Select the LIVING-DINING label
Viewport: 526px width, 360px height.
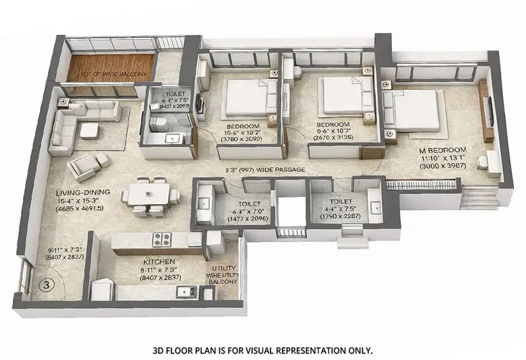[83, 192]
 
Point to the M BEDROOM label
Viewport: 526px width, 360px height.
[443, 150]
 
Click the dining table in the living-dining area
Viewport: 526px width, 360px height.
[149, 194]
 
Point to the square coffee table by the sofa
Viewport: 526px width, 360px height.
[90, 131]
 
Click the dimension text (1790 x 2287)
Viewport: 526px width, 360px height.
[343, 217]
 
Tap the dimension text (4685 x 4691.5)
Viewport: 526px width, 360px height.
[83, 209]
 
